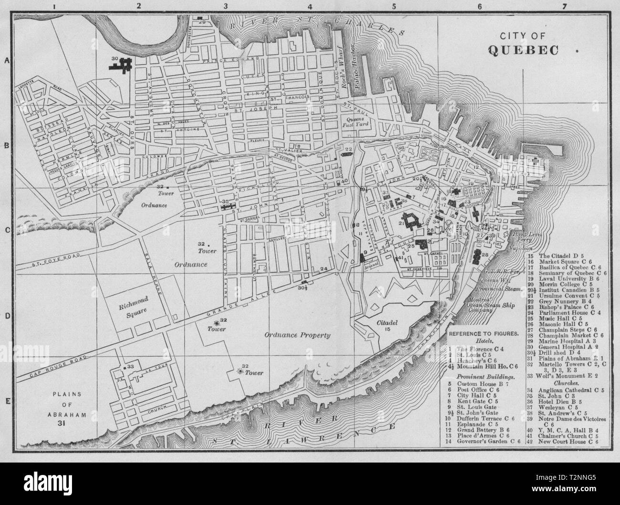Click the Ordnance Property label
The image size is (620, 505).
tap(298, 335)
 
